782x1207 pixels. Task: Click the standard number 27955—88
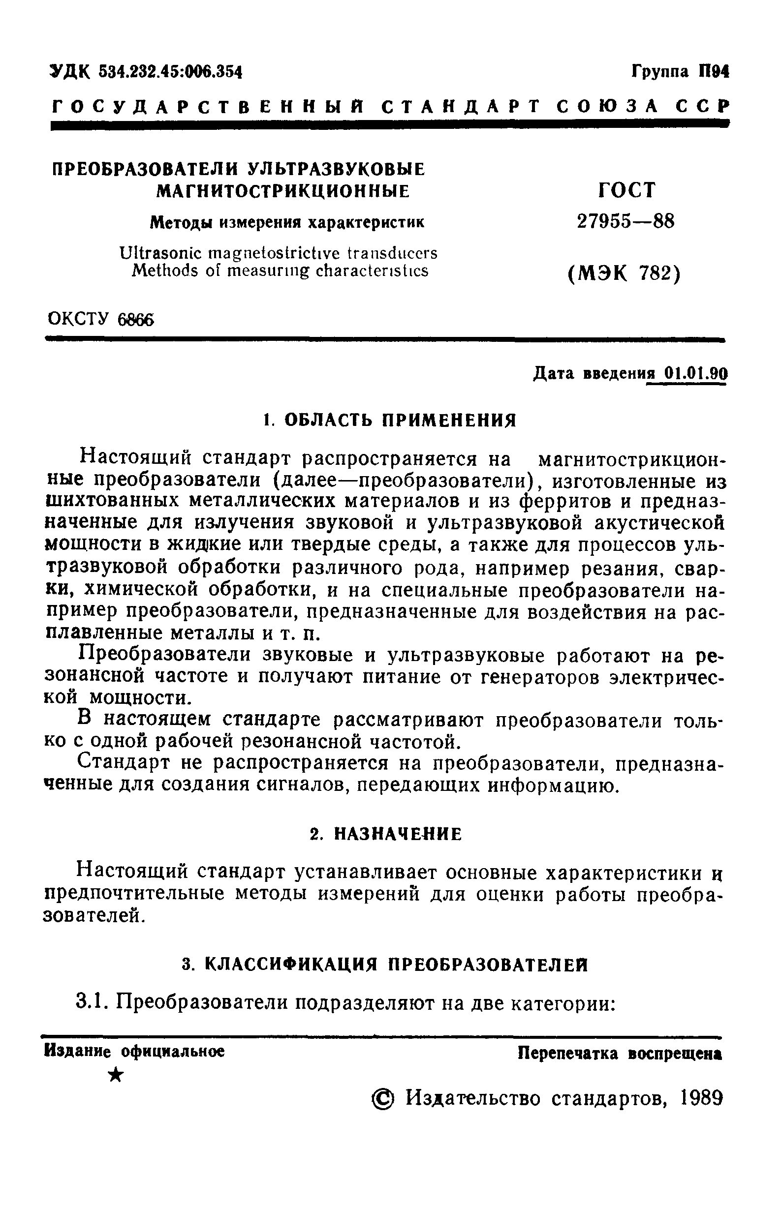pyautogui.click(x=626, y=221)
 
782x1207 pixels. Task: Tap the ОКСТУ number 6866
pyautogui.click(x=134, y=320)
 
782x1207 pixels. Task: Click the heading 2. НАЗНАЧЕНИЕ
pyautogui.click(x=386, y=834)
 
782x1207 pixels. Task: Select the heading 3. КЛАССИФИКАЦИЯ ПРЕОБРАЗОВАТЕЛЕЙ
pyautogui.click(x=385, y=965)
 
